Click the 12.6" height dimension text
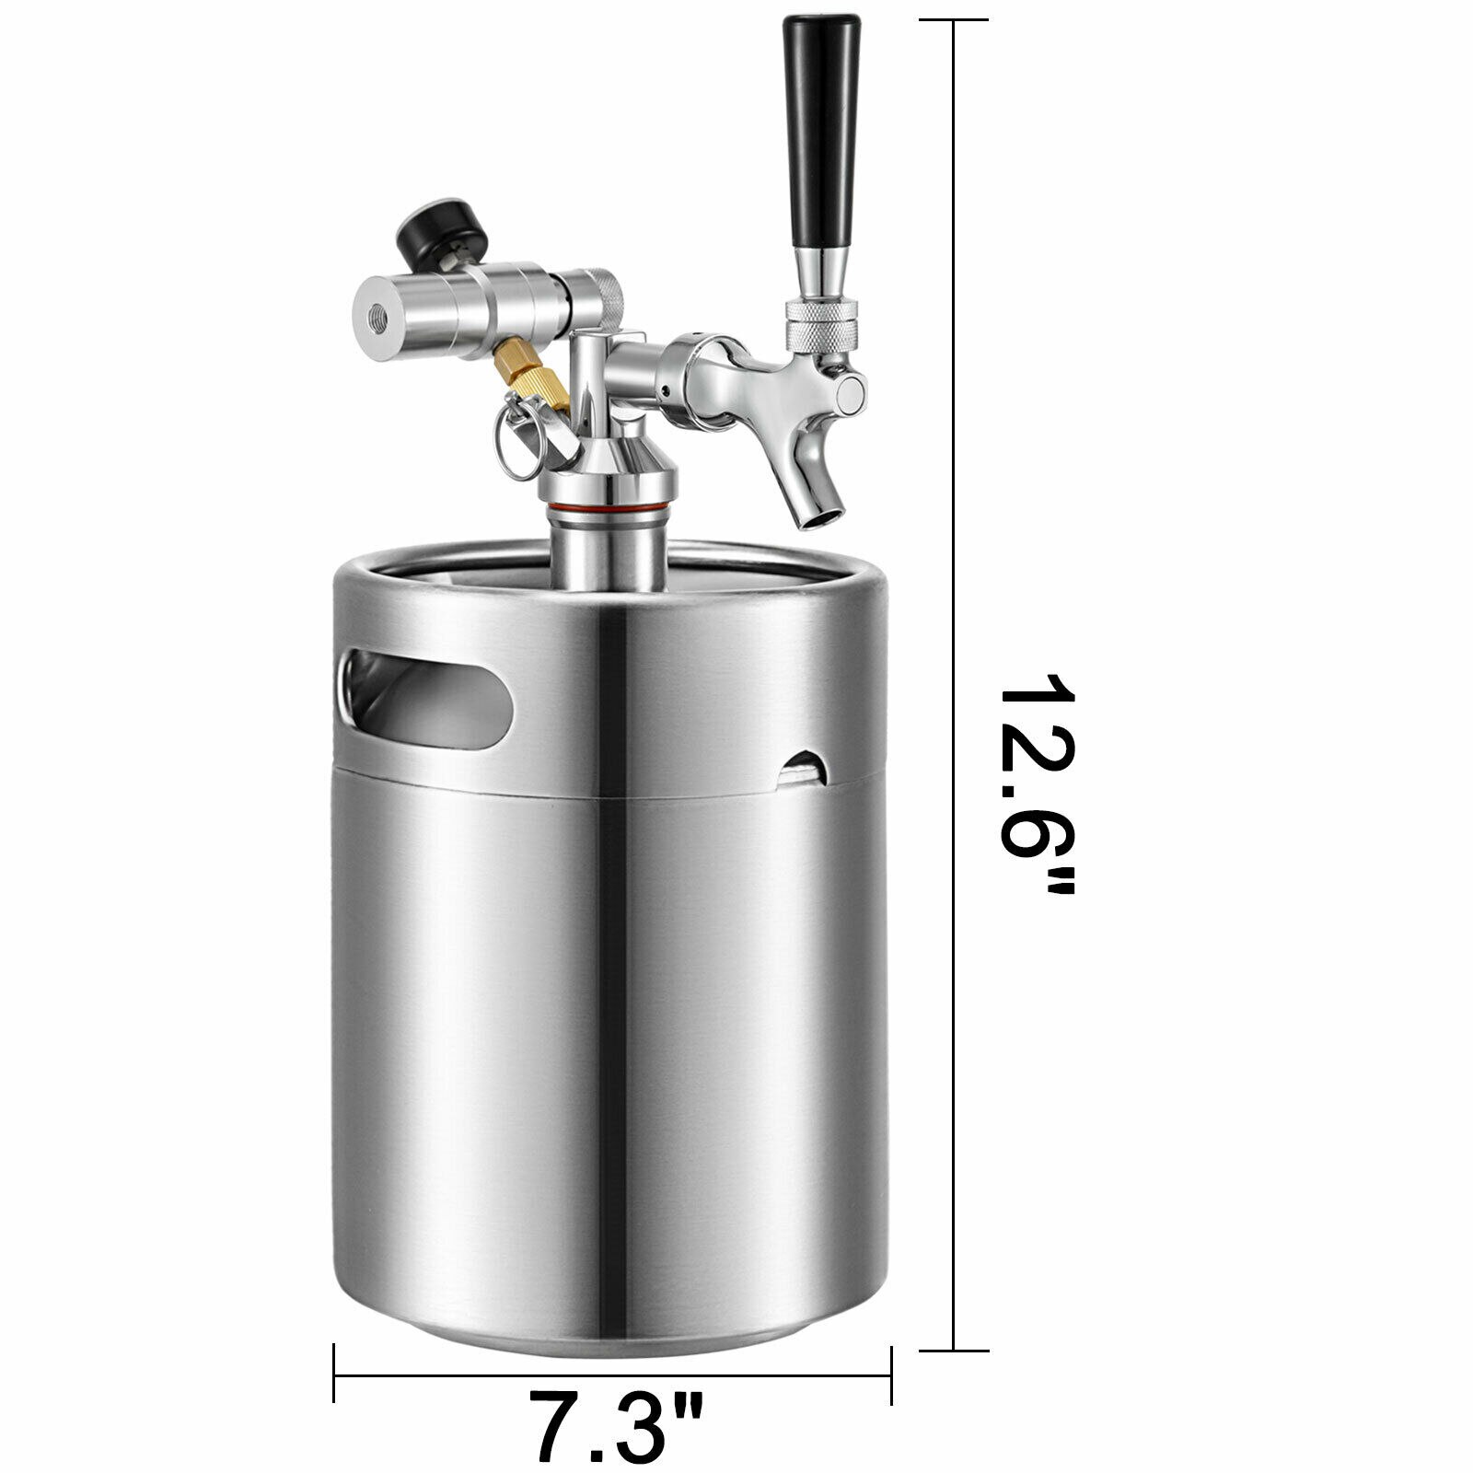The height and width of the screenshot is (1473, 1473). [1037, 783]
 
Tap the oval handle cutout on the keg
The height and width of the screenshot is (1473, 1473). [425, 690]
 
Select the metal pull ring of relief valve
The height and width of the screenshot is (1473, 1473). [519, 447]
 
